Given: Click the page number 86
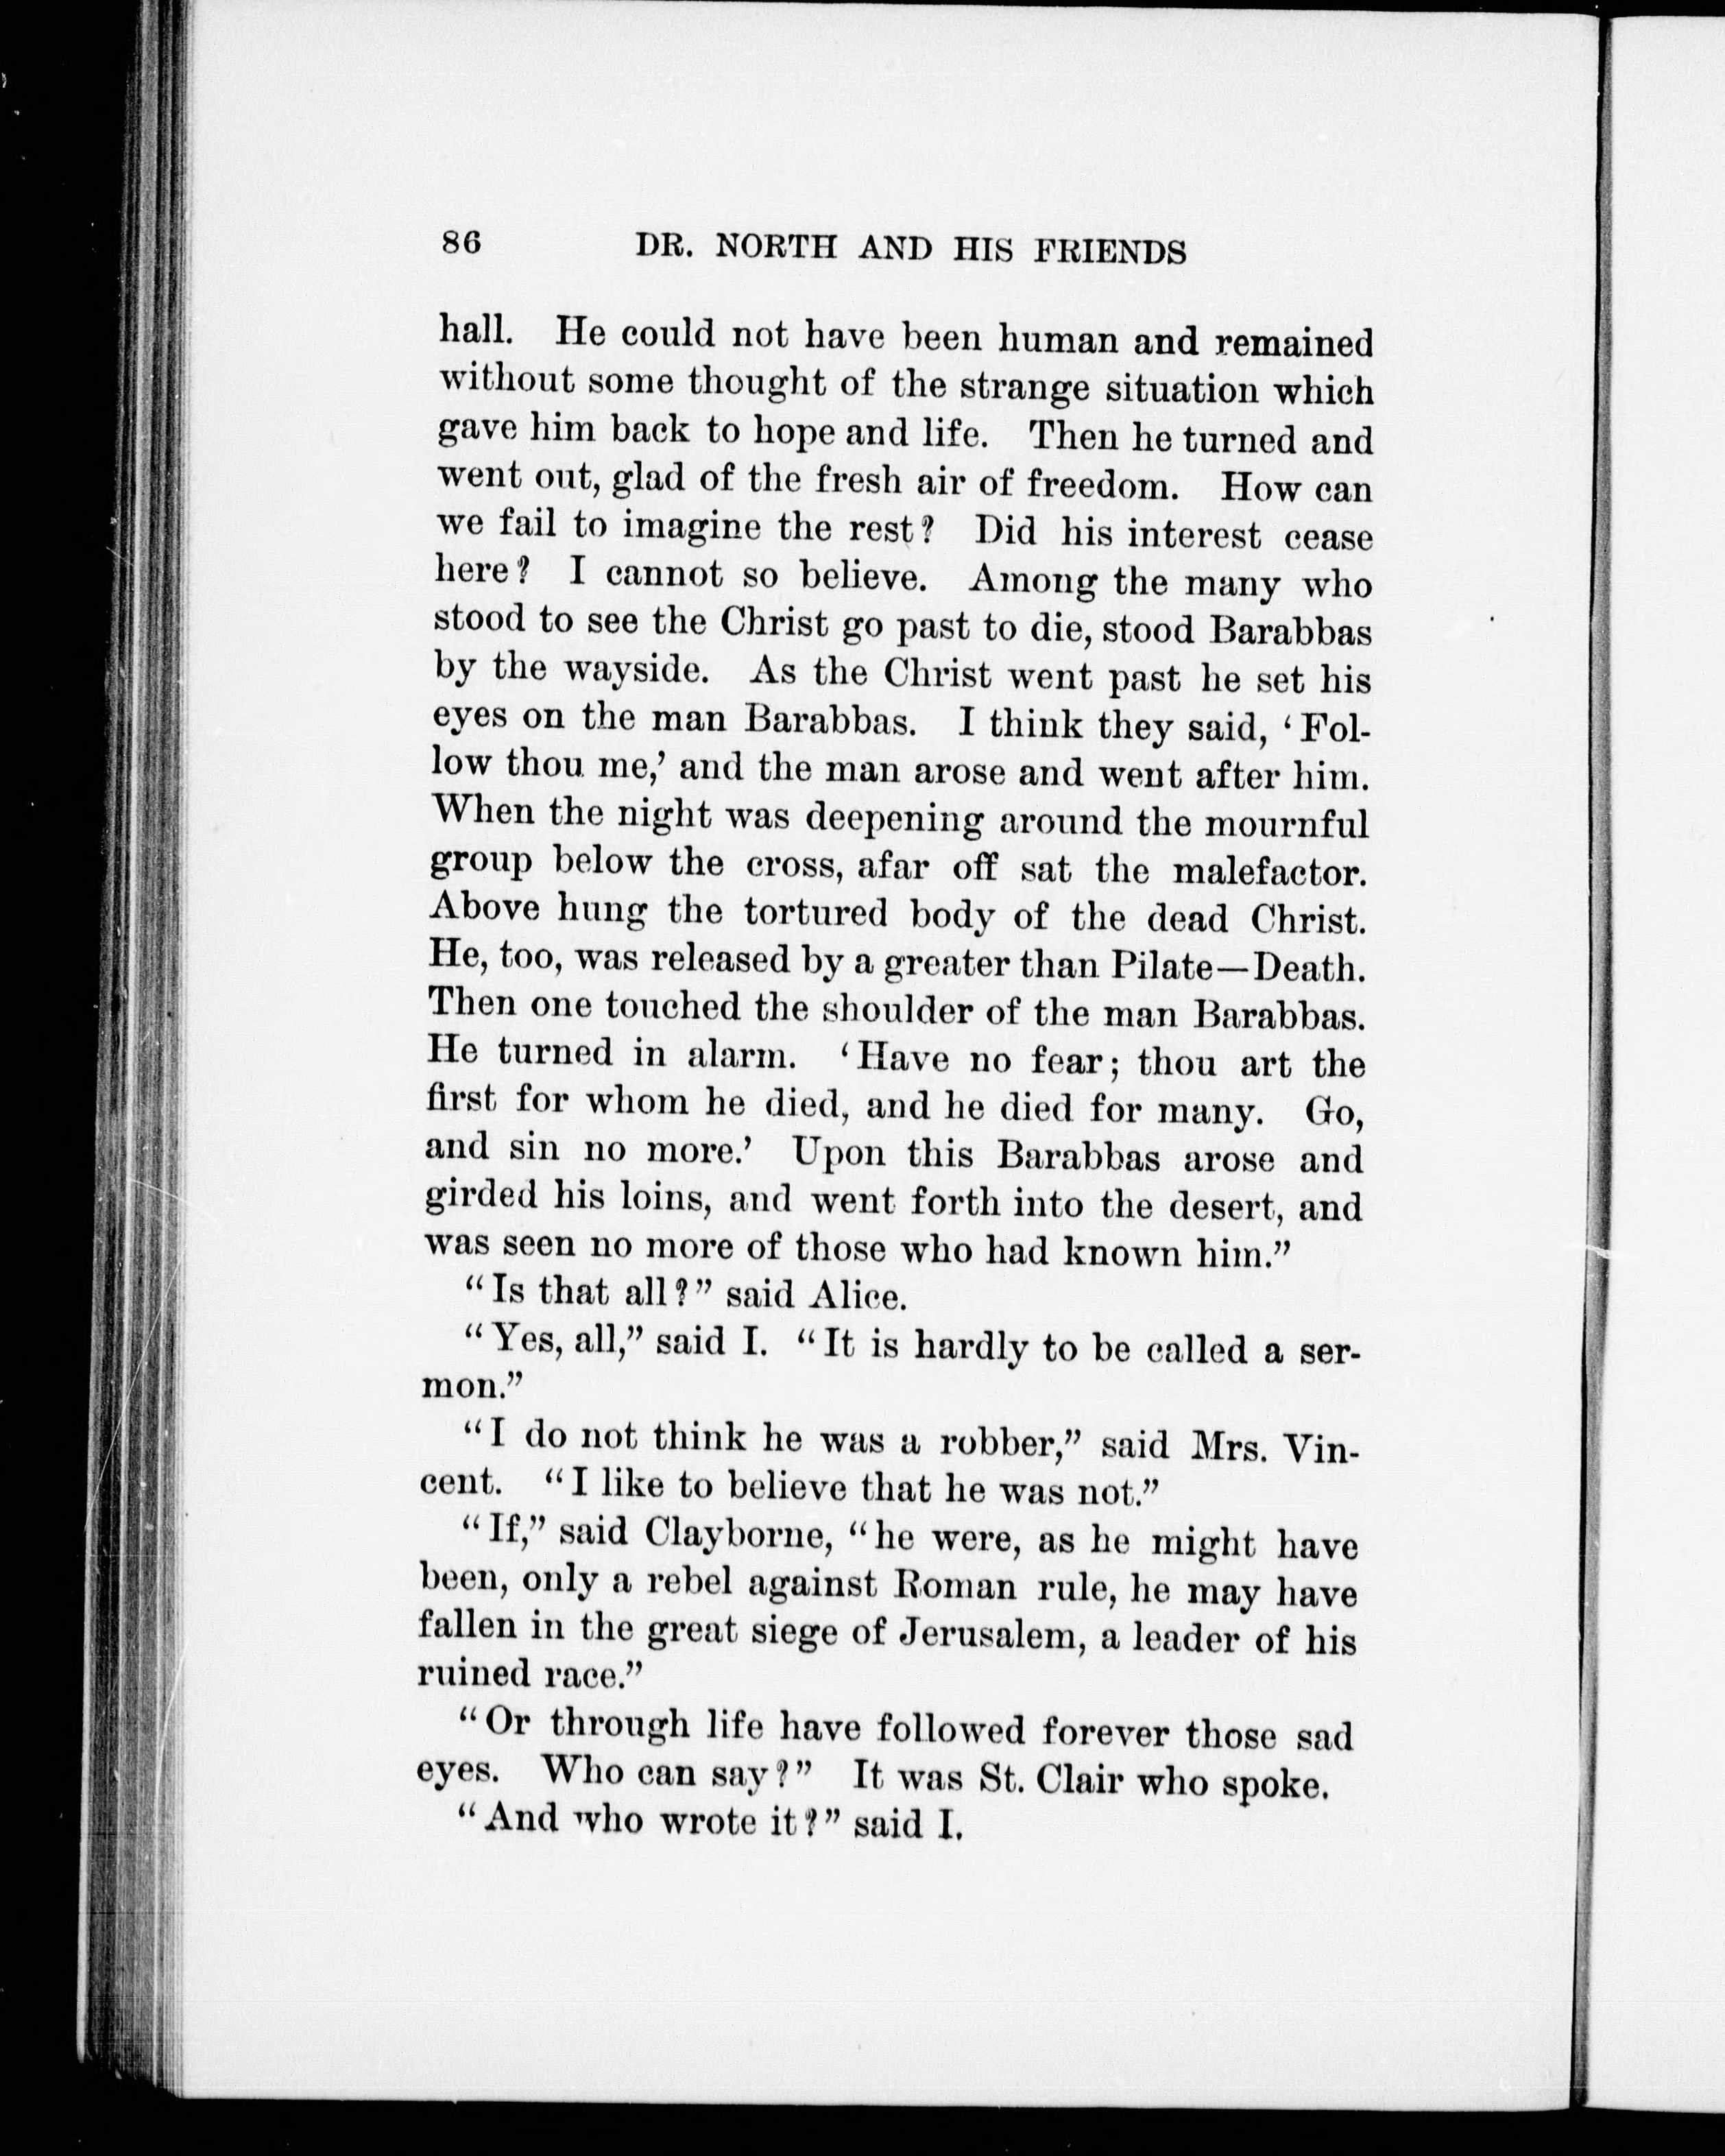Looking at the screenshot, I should [x=461, y=245].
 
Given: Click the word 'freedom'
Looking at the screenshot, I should [x=1086, y=487].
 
